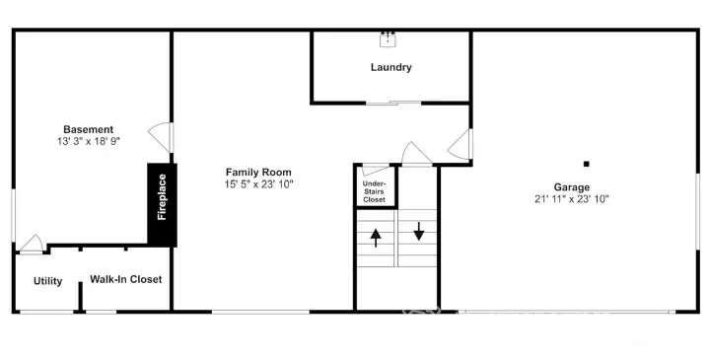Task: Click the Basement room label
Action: [x=89, y=129]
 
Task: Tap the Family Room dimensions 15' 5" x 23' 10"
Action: [x=259, y=184]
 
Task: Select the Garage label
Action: [x=572, y=187]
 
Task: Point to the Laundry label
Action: [x=391, y=67]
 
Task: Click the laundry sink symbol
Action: [x=389, y=38]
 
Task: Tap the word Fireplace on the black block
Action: [x=162, y=197]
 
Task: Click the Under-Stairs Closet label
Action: [x=374, y=191]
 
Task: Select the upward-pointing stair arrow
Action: [x=376, y=238]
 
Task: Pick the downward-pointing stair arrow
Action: [x=419, y=231]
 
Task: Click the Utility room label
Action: [x=47, y=281]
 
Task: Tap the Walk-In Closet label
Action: [x=126, y=279]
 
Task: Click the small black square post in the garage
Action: [x=587, y=164]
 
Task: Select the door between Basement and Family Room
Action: [x=162, y=138]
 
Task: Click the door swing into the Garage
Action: [x=461, y=144]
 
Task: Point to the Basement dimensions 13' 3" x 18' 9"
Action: [x=89, y=141]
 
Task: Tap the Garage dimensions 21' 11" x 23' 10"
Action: [x=572, y=199]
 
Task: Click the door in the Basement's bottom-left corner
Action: [x=32, y=245]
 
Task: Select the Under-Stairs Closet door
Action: [x=376, y=170]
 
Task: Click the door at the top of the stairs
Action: [x=416, y=155]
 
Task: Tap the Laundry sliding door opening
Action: [x=393, y=104]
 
